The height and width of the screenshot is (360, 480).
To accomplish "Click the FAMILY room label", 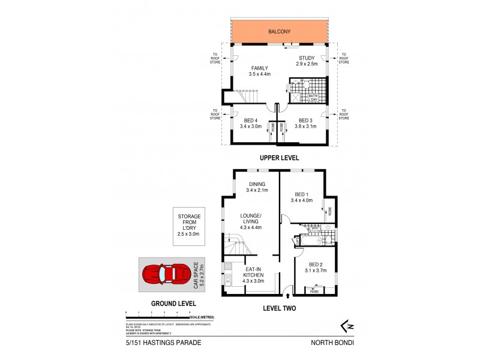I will coord(260,71).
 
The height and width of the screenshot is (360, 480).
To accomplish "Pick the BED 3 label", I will coord(306,123).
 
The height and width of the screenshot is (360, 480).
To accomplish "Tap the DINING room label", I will coord(256,187).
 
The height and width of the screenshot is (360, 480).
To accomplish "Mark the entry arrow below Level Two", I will coord(289,296).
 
